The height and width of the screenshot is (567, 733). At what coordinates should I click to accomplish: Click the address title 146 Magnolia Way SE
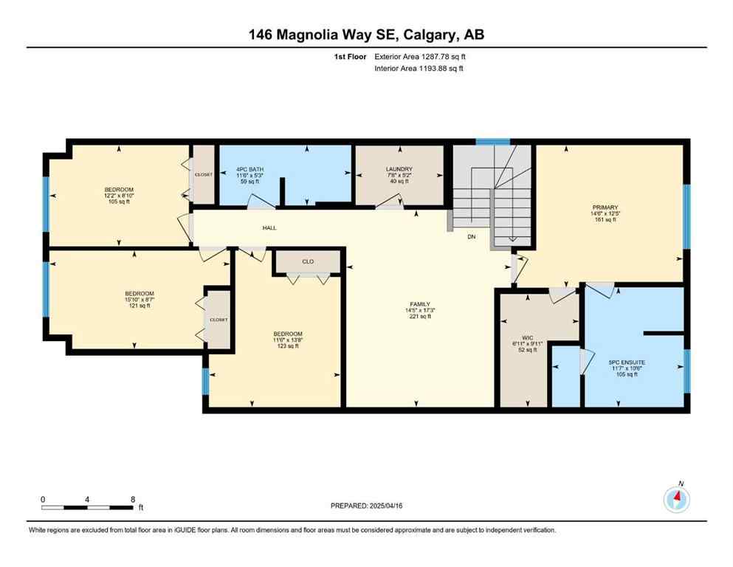click(x=366, y=35)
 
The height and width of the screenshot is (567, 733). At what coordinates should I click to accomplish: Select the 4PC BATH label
click(x=250, y=169)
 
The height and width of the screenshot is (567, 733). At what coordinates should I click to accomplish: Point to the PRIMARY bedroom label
click(x=609, y=208)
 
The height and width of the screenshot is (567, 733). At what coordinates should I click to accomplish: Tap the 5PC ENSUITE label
click(x=627, y=362)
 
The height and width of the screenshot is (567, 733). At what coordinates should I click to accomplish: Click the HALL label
click(x=269, y=228)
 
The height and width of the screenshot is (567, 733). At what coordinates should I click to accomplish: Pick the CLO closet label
click(x=308, y=261)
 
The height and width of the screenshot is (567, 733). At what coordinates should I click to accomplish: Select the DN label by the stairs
click(x=472, y=237)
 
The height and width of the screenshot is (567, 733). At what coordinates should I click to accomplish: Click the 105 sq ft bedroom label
click(x=119, y=190)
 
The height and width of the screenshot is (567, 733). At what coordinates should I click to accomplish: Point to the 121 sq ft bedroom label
click(x=139, y=294)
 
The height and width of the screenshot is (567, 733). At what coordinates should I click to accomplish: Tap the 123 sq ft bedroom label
click(x=287, y=334)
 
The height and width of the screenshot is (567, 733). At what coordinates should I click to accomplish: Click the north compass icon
click(x=676, y=499)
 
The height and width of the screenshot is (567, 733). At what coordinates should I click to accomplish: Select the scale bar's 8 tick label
click(x=132, y=499)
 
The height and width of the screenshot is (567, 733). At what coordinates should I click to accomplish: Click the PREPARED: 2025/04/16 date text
click(x=367, y=506)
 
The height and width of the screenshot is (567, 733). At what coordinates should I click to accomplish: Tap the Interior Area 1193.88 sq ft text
click(x=419, y=69)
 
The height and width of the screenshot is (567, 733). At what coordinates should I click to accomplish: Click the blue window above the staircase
click(x=492, y=142)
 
